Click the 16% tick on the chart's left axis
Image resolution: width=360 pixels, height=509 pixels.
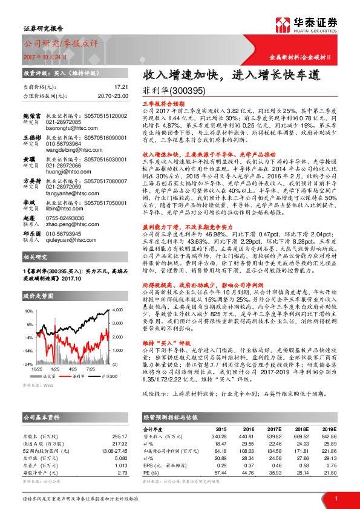click(x=28, y=310)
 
